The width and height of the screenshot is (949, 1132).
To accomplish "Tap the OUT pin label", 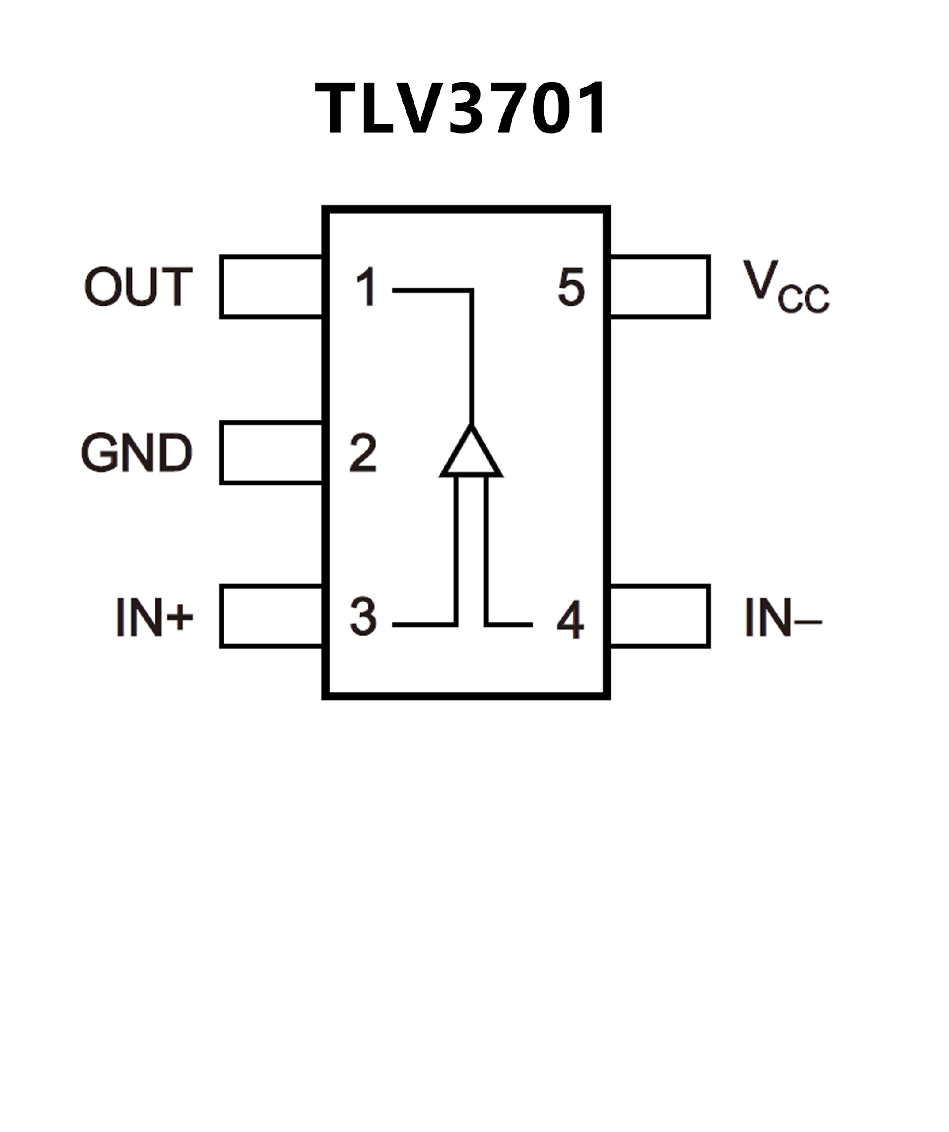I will pyautogui.click(x=138, y=286).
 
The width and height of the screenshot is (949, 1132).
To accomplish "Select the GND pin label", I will pyautogui.click(x=136, y=452).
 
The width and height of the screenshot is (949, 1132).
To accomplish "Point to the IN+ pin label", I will pyautogui.click(x=154, y=617).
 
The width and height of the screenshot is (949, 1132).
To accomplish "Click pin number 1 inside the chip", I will pyautogui.click(x=367, y=287).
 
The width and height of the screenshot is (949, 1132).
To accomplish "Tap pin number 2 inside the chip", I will pyautogui.click(x=363, y=453).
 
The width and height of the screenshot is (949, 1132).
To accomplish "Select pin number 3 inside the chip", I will pyautogui.click(x=363, y=616).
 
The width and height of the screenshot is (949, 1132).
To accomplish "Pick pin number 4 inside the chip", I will pyautogui.click(x=570, y=620).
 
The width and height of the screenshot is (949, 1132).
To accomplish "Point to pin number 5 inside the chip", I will pyautogui.click(x=571, y=287).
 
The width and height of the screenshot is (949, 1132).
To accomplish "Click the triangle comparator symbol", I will pyautogui.click(x=471, y=454).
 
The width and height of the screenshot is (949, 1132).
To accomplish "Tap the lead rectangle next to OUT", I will pyautogui.click(x=271, y=287).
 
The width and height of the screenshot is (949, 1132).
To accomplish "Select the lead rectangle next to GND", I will pyautogui.click(x=271, y=453).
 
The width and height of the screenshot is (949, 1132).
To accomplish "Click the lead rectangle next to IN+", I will pyautogui.click(x=271, y=616).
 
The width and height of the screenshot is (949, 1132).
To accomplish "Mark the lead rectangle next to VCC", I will pyautogui.click(x=659, y=287).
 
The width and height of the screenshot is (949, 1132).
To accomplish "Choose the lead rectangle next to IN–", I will pyautogui.click(x=659, y=616).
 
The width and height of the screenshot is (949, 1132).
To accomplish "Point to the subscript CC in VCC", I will pyautogui.click(x=803, y=297).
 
